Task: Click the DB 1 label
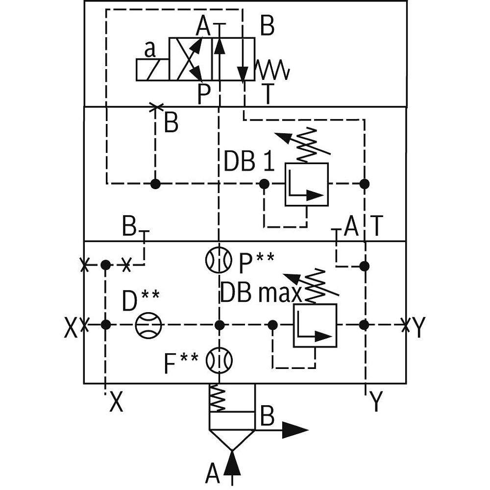pyautogui.click(x=248, y=162)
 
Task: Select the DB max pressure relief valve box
pyautogui.click(x=315, y=325)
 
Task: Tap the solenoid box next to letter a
pyautogui.click(x=152, y=70)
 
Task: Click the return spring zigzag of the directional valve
pyautogui.click(x=273, y=70)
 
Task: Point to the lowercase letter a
pyautogui.click(x=150, y=49)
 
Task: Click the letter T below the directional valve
pyautogui.click(x=267, y=95)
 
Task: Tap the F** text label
pyautogui.click(x=181, y=364)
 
